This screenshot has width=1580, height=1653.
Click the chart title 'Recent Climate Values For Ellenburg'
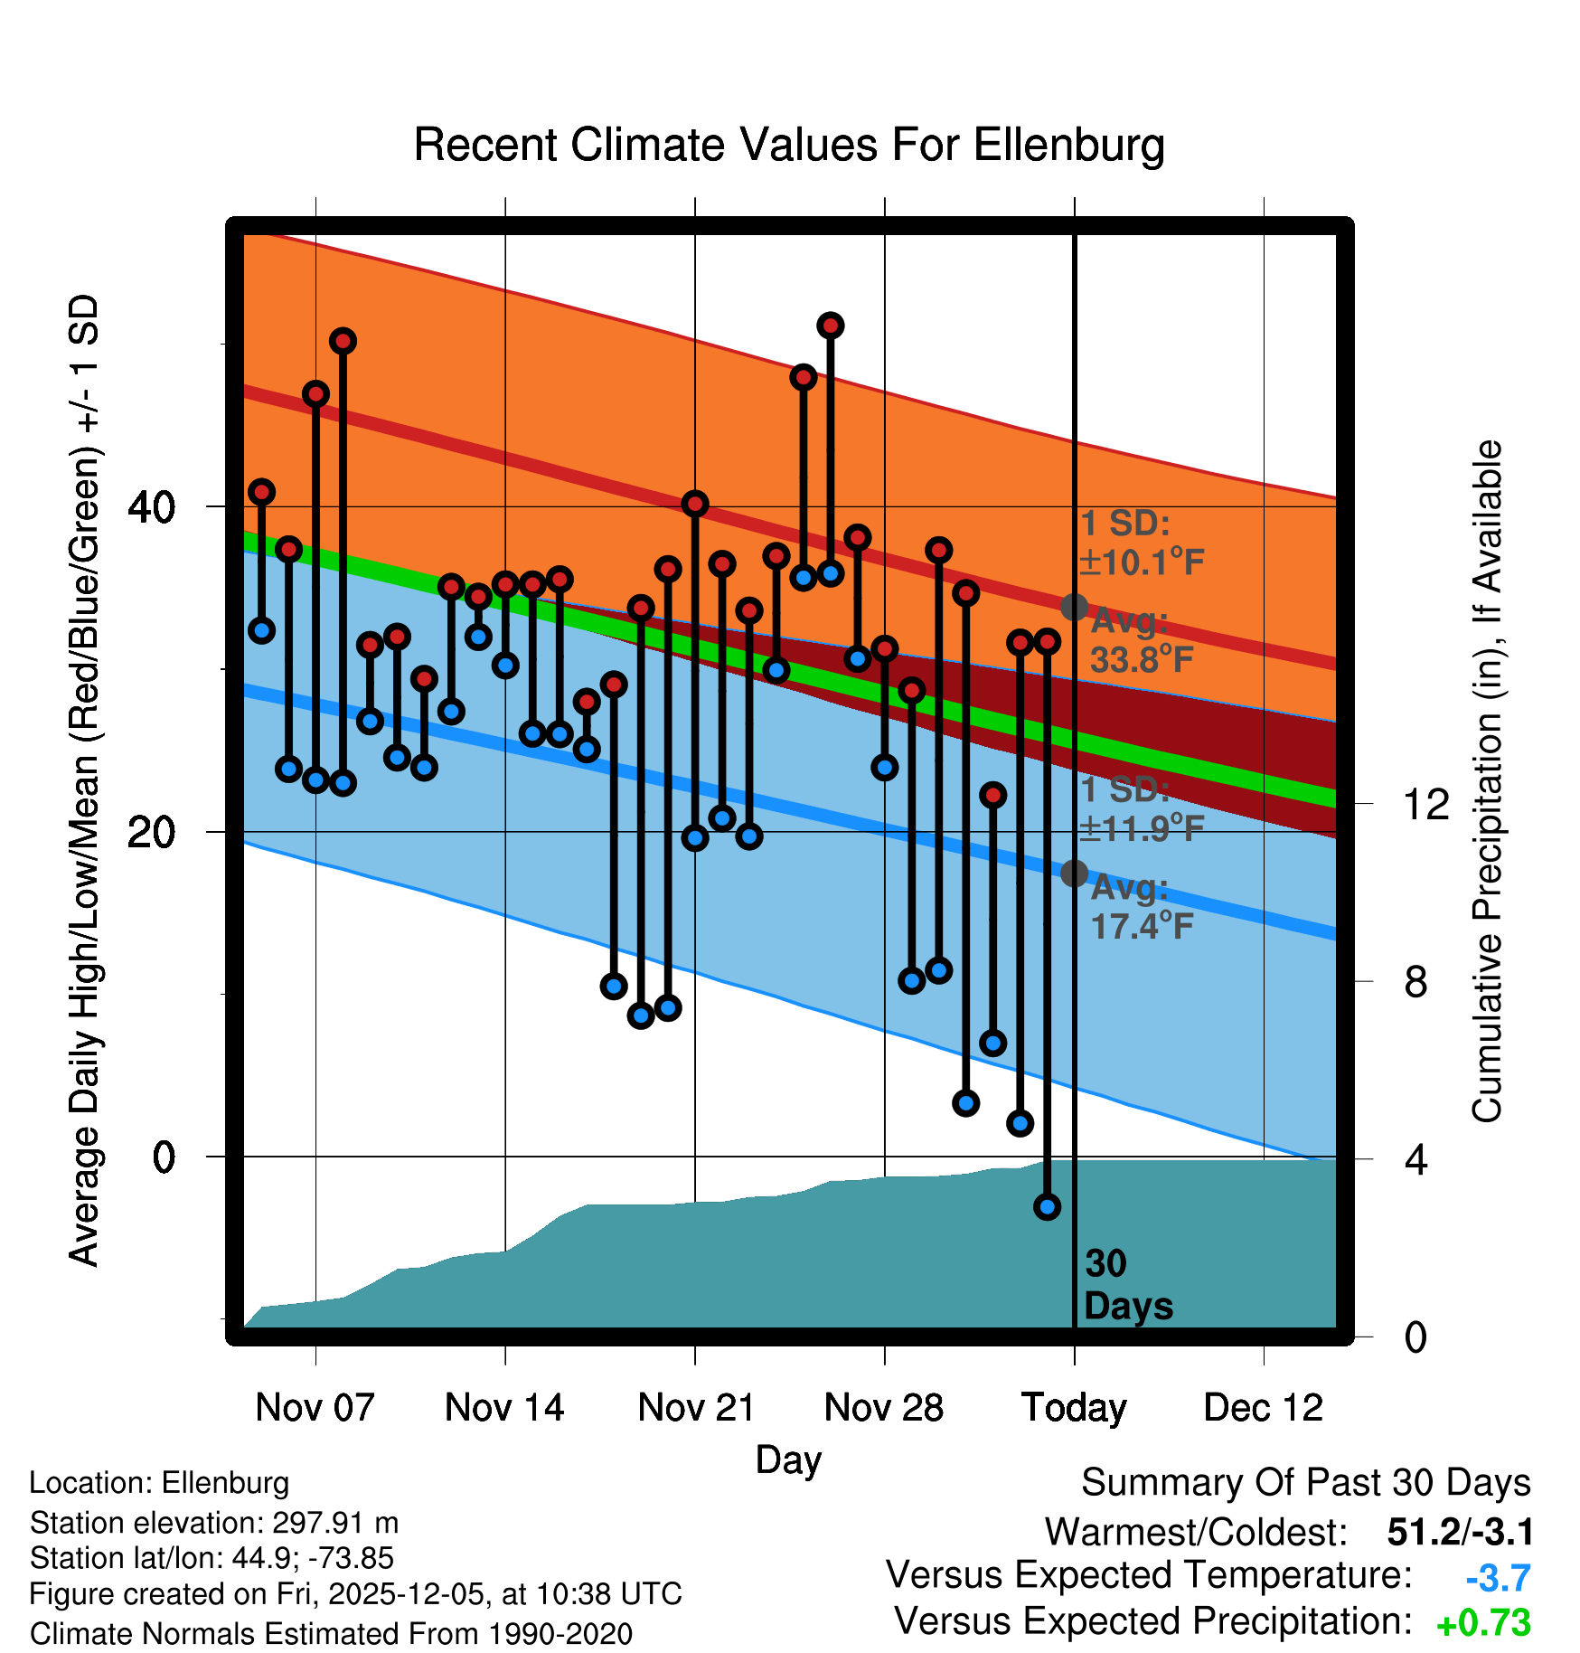788,145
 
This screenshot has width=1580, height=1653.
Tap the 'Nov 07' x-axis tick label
315,1408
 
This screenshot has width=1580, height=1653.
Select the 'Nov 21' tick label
695,1408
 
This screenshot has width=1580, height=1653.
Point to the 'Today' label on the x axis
1074,1408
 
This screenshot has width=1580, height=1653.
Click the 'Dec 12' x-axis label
1263,1408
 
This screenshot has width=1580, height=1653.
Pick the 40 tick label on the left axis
151,507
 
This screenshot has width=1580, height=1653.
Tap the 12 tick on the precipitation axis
1425,804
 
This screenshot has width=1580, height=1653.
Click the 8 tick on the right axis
1415,982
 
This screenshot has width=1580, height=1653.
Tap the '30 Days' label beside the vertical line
1126,1285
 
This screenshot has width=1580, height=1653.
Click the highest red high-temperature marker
831,326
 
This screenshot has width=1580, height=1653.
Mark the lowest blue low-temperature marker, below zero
1047,1206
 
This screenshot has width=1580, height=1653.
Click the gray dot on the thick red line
1074,607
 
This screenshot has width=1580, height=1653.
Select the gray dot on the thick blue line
1074,873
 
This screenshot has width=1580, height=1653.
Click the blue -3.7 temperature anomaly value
1498,1578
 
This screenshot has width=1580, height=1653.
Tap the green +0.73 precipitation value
1483,1623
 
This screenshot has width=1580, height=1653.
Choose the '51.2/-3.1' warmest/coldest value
1460,1532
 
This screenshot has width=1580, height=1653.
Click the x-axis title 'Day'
788,1460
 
